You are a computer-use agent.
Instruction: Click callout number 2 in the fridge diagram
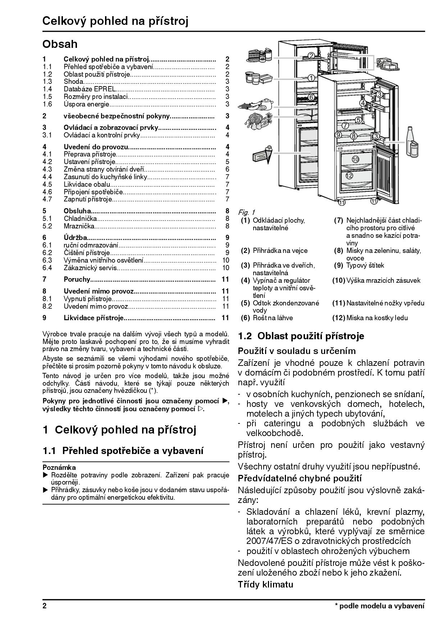[311, 55]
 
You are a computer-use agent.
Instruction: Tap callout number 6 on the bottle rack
[311, 97]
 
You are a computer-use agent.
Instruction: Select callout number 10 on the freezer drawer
[355, 159]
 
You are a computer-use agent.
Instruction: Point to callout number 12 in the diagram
[349, 176]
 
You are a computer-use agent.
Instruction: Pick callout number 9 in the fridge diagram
[338, 135]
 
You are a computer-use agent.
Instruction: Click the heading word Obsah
[60, 44]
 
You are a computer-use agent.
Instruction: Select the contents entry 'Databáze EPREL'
[90, 89]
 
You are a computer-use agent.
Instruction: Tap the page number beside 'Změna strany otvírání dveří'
[227, 169]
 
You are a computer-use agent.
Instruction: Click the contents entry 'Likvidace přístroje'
[94, 318]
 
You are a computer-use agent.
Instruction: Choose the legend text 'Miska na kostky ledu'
[377, 318]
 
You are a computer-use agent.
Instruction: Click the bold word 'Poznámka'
[59, 467]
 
